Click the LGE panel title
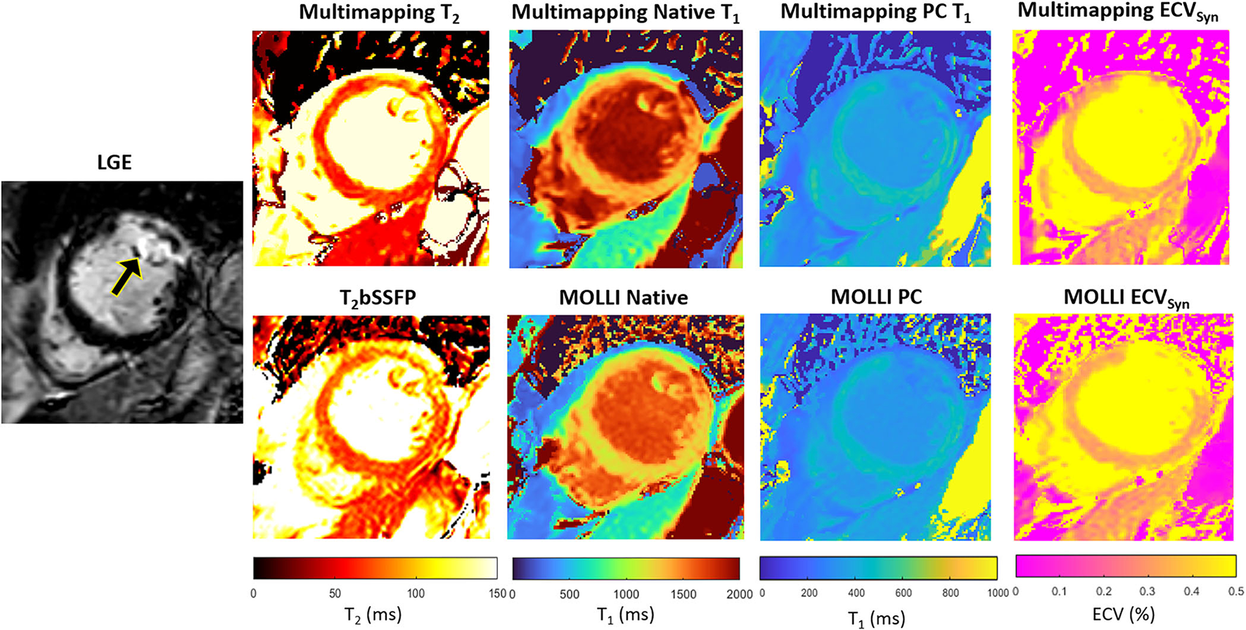click(114, 162)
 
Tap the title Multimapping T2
click(379, 13)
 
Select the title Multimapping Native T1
click(625, 13)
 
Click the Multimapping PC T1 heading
click(875, 13)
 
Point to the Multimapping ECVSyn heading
click(1117, 12)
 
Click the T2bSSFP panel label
click(378, 298)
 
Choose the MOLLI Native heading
click(623, 297)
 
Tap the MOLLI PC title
click(876, 297)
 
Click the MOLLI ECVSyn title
click(1126, 298)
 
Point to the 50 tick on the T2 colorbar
click(335, 593)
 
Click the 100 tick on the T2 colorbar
click(416, 593)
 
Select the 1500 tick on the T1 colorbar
click(683, 594)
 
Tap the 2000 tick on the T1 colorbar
click(739, 594)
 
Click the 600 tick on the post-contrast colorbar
click(904, 593)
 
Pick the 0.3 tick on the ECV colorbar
click(1148, 591)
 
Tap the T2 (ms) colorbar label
click(373, 615)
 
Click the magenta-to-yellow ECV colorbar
click(1126, 566)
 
